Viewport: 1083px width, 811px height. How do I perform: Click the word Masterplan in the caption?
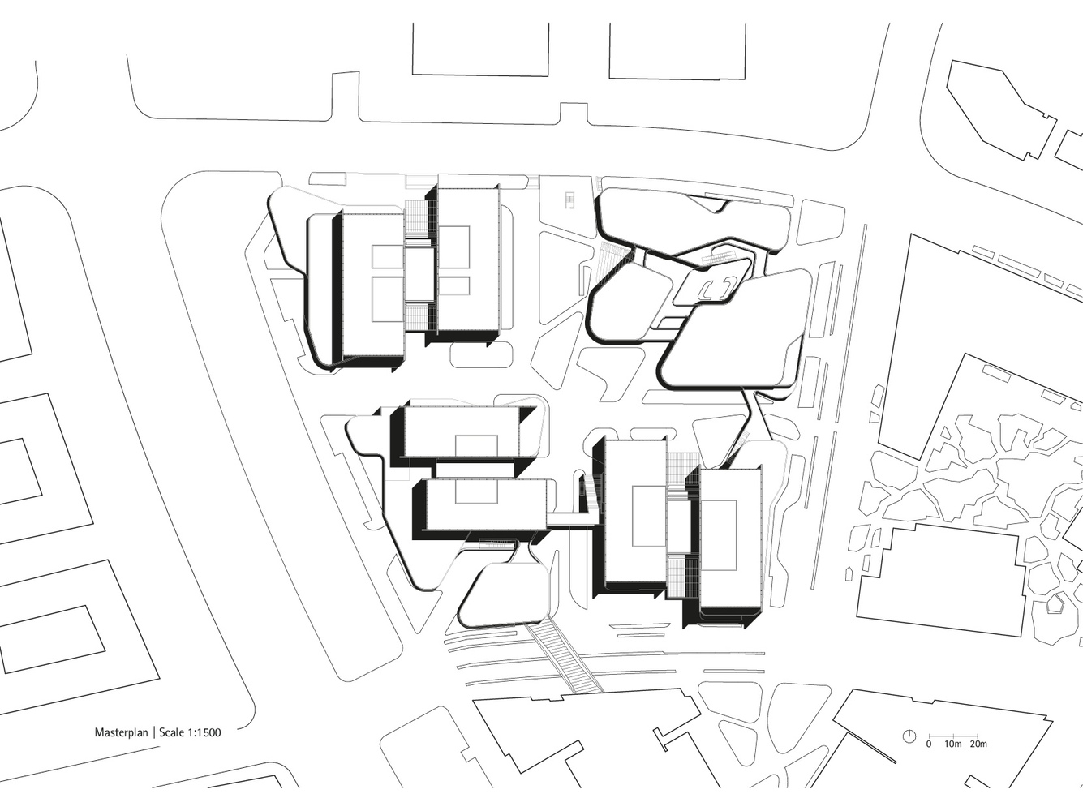click(x=122, y=732)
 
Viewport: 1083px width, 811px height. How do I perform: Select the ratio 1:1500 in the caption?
click(x=204, y=732)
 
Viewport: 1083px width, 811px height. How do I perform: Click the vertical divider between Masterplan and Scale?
click(x=154, y=732)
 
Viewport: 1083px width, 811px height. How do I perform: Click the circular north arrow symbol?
click(x=909, y=750)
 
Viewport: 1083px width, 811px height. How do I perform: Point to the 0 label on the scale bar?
click(x=929, y=757)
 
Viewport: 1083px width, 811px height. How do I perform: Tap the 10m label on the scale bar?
click(x=952, y=757)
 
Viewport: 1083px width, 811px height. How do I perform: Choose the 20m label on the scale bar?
click(x=978, y=757)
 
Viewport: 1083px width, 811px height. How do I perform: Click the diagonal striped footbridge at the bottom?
click(x=565, y=657)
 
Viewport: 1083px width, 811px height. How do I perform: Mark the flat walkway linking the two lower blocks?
click(x=573, y=520)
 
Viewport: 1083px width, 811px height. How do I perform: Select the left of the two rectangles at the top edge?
click(x=480, y=49)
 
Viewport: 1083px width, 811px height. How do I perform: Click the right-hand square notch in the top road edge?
click(x=574, y=114)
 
